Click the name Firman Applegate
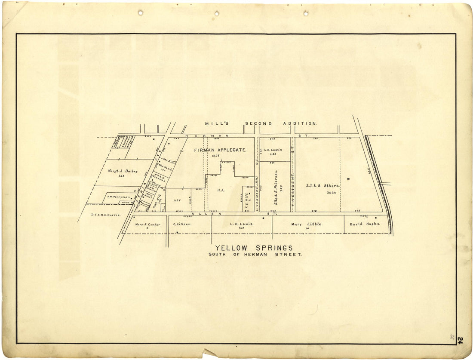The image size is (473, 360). pyautogui.click(x=220, y=150)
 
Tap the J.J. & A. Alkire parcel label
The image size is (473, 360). pyautogui.click(x=322, y=186)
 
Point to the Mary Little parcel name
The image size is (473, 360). pyautogui.click(x=306, y=224)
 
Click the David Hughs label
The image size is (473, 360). pyautogui.click(x=365, y=224)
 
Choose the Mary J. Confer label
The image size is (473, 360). pyautogui.click(x=147, y=225)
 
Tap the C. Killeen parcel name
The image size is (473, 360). pyautogui.click(x=182, y=224)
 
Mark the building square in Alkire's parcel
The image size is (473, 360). pyautogui.click(x=348, y=178)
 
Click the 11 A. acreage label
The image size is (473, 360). pyautogui.click(x=221, y=190)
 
